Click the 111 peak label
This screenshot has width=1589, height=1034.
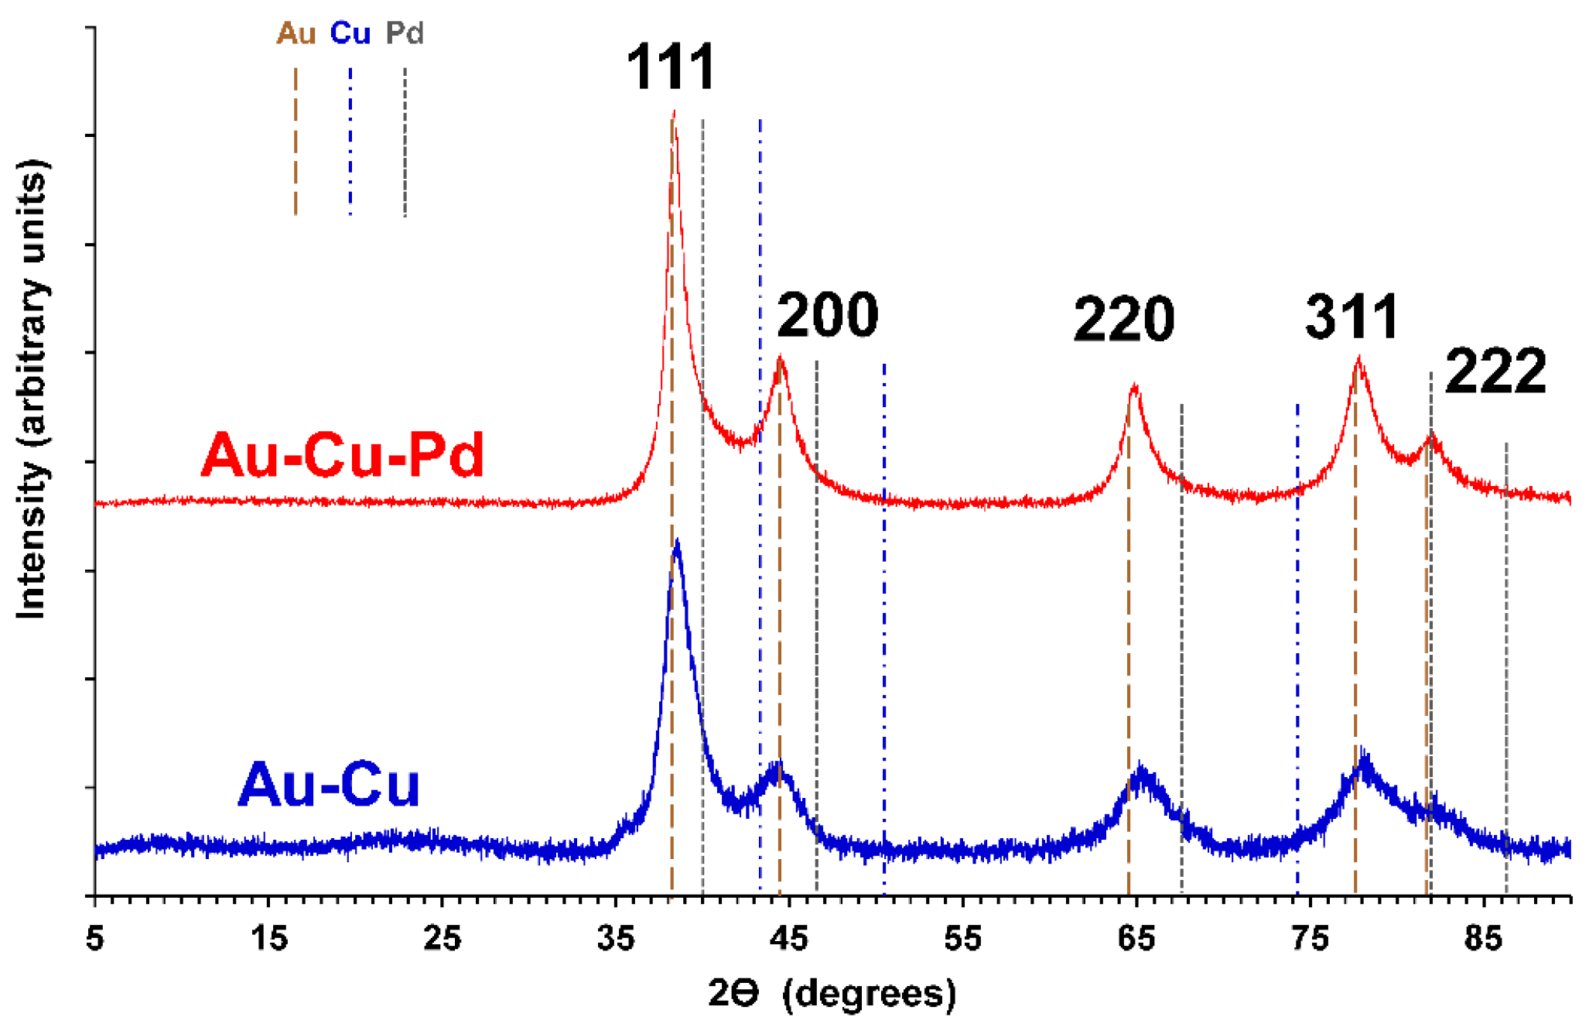[671, 67]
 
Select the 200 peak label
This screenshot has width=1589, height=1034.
[827, 316]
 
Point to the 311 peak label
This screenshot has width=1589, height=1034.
[1352, 317]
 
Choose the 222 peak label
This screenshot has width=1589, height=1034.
[1495, 372]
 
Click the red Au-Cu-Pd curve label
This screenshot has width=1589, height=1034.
[343, 455]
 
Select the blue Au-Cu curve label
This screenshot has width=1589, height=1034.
[329, 786]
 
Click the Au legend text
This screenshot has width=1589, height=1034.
[296, 33]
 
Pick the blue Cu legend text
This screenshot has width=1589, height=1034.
[350, 33]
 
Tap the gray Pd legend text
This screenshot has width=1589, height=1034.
[405, 33]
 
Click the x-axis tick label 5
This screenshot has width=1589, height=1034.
[94, 940]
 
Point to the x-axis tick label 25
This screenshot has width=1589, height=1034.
[442, 940]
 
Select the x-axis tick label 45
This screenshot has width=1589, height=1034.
[789, 940]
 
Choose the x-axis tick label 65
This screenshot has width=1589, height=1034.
[1136, 940]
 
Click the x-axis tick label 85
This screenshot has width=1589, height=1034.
[1483, 940]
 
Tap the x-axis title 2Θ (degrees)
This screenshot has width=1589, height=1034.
[832, 994]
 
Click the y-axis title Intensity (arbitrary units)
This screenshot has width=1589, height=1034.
[32, 389]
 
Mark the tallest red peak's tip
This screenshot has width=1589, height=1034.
[674, 112]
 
